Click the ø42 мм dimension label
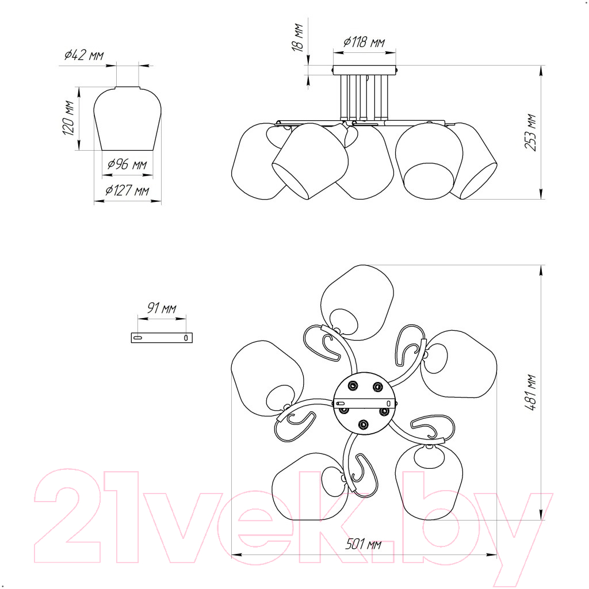pos(84,55)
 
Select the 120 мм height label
pos(69,118)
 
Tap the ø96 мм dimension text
pos(127,165)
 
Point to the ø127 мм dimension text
pos(127,191)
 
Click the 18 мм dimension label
pos(297,37)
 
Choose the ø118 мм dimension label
pos(364,42)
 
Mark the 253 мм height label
pos(530,132)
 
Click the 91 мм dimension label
pos(162,308)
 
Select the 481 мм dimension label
pos(530,392)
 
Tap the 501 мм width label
pos(364,544)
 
